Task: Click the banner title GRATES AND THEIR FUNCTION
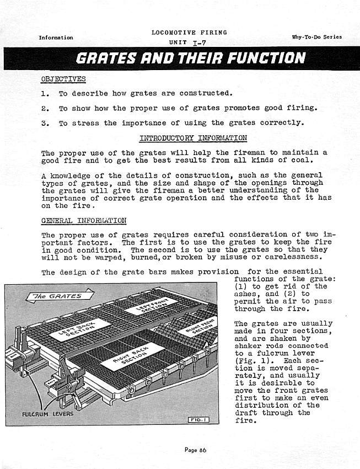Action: (191, 57)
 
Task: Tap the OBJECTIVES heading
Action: (63, 78)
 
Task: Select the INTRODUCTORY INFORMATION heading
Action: (193, 137)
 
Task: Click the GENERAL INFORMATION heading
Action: (84, 221)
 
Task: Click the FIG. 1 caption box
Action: (197, 420)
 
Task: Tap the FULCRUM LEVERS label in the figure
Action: (47, 414)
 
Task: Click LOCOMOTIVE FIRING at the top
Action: (189, 33)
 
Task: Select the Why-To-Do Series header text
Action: (316, 38)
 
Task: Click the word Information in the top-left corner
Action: (56, 38)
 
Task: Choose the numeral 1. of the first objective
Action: (45, 93)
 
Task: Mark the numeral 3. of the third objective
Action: (45, 123)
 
